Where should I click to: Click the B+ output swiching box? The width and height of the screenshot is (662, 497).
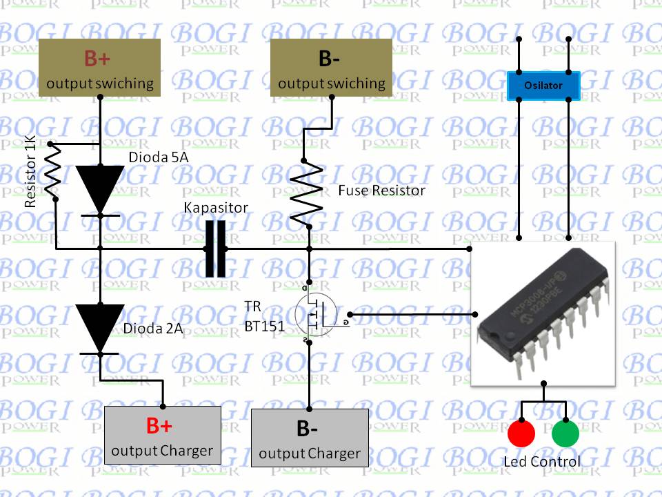[101, 67]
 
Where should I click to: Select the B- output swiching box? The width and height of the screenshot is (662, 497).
[331, 67]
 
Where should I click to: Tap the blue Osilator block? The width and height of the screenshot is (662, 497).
[544, 86]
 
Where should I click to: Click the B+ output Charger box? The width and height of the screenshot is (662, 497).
[162, 435]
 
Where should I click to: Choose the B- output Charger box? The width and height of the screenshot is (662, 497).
[310, 438]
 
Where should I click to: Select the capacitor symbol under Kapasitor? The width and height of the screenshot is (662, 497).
[216, 248]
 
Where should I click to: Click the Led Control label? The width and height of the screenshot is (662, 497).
[542, 461]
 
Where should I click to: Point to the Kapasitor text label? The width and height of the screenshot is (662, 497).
[216, 208]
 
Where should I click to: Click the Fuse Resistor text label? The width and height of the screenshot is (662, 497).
[381, 190]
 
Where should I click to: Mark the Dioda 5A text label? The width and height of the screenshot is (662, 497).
[159, 157]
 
